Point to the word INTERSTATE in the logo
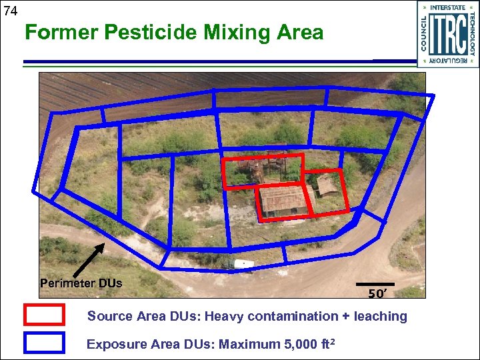click(448, 8)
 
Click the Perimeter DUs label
click(81, 283)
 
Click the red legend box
click(44, 315)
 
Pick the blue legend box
click(44, 343)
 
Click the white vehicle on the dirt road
click(243, 264)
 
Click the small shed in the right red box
click(327, 186)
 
